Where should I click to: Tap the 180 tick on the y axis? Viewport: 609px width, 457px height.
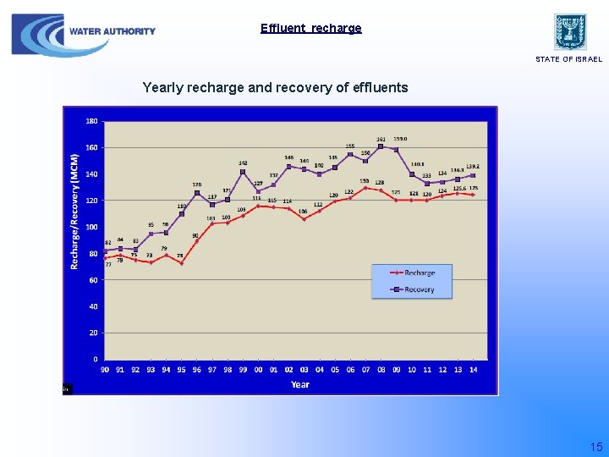tap(91, 121)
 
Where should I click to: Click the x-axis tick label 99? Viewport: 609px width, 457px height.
tap(243, 369)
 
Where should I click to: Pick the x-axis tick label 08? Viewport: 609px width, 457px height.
tap(381, 369)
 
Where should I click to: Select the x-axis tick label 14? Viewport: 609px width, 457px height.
tap(473, 369)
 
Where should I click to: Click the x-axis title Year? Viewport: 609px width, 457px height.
tap(300, 384)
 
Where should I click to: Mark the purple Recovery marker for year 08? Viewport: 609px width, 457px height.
tap(381, 146)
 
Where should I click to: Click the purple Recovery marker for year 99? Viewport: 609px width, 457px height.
tap(243, 172)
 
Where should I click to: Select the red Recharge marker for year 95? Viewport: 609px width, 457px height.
tap(181, 263)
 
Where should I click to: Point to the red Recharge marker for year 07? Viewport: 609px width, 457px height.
tap(365, 188)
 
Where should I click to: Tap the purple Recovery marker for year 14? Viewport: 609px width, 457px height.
tap(473, 175)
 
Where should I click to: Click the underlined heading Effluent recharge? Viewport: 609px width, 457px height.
tap(310, 28)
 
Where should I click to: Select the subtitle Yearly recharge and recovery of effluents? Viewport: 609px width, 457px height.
tap(275, 87)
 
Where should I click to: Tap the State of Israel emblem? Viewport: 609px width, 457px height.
tap(570, 31)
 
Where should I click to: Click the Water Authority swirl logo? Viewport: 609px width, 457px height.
tap(38, 36)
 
